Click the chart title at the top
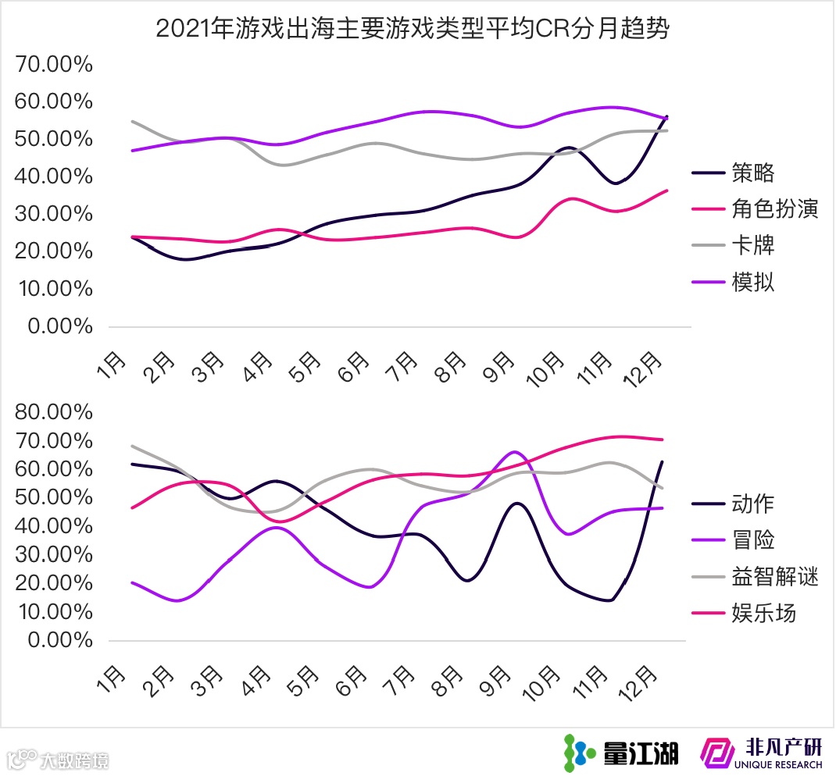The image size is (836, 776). (413, 29)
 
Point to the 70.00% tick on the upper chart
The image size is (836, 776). (54, 64)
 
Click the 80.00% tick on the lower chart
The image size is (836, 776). (54, 411)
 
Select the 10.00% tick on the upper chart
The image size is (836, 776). (54, 288)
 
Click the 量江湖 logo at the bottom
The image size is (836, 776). (621, 752)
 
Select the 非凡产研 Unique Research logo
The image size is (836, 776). (762, 752)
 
